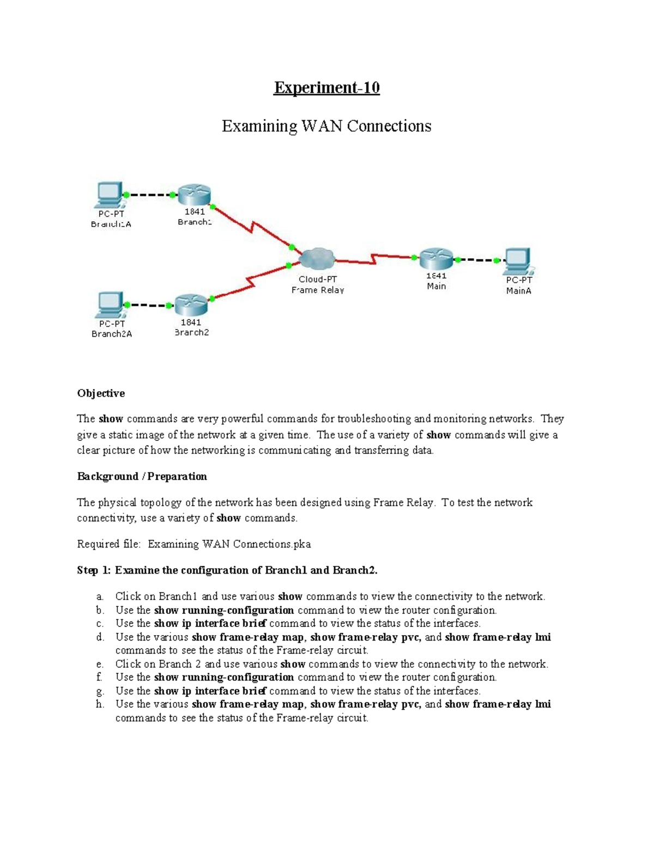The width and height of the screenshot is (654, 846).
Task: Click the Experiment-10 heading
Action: (326, 88)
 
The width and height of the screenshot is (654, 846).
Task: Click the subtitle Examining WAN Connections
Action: (326, 126)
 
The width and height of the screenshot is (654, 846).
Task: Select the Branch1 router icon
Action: (195, 194)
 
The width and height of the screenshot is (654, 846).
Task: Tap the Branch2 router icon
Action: (191, 305)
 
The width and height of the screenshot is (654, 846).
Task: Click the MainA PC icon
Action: (518, 261)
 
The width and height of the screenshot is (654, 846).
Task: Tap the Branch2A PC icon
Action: (111, 305)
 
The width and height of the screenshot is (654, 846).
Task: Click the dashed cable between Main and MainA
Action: (477, 260)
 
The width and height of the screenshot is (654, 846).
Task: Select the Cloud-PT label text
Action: (318, 279)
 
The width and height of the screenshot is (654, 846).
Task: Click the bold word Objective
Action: (101, 393)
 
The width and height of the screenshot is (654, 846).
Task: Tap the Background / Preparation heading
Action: (142, 477)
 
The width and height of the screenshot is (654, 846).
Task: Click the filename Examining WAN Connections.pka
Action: (229, 544)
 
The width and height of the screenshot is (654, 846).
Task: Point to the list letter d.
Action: (100, 637)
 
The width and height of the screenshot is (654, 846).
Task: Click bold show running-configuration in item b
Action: (224, 610)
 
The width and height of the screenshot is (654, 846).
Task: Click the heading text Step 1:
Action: (94, 570)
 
